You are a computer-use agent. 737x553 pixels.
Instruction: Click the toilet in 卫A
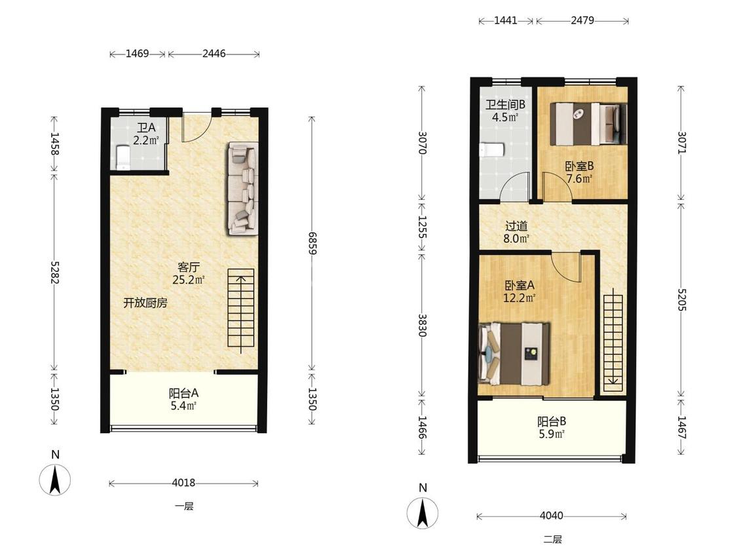123,157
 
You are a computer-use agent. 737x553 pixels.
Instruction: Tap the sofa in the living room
243,189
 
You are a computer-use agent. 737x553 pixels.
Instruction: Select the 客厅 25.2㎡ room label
188,274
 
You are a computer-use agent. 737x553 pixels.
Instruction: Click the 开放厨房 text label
145,303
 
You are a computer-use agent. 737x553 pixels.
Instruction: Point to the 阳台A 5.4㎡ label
184,399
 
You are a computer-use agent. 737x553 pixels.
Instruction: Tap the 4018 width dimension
183,482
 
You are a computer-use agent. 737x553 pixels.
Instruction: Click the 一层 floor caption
184,506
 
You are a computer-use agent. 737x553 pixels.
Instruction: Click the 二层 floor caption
553,539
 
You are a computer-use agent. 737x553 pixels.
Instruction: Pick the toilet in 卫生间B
491,150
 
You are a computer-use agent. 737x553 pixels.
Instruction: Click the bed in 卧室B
589,124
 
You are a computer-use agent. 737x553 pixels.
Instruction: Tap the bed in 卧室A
514,354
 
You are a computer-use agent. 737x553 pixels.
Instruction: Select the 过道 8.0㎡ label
517,233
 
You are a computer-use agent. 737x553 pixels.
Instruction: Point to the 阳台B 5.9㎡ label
552,427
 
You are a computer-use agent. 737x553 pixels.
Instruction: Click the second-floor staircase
613,343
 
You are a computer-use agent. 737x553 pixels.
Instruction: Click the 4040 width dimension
552,516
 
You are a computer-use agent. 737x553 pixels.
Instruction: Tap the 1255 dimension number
422,227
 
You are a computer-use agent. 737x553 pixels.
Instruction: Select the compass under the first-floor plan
55,479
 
